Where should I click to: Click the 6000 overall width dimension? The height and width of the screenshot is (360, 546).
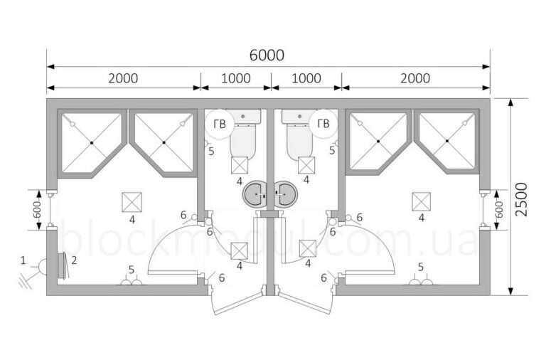(x=267, y=55)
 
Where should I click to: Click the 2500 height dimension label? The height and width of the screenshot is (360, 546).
(x=521, y=199)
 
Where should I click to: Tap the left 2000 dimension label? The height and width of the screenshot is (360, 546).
(x=123, y=78)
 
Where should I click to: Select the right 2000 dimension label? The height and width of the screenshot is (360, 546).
(x=415, y=78)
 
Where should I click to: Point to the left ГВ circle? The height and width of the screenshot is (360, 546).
(x=219, y=124)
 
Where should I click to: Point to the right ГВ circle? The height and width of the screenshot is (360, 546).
(x=323, y=124)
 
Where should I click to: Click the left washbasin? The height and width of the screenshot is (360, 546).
(x=255, y=193)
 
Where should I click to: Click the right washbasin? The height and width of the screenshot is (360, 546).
(x=287, y=193)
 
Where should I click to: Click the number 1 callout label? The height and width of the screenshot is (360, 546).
(x=23, y=260)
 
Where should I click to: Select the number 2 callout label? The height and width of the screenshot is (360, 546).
(x=74, y=260)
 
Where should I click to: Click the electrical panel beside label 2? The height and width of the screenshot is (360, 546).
(x=62, y=265)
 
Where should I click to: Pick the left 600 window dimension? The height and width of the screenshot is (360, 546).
(x=38, y=210)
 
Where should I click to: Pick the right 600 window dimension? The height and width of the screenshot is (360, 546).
(x=499, y=210)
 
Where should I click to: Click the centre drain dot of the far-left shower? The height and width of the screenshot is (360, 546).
(x=92, y=142)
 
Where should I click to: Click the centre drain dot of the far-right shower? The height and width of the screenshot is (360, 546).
(x=447, y=141)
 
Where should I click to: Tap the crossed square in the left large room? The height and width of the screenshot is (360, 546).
(x=132, y=202)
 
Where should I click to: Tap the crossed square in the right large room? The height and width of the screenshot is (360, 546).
(x=422, y=202)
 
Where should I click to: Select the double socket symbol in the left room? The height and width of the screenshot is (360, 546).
(x=132, y=282)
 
